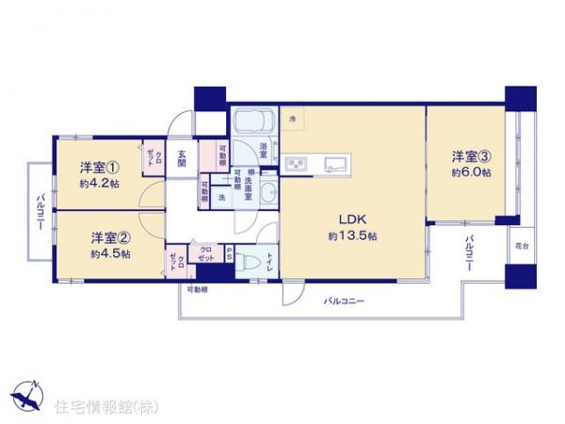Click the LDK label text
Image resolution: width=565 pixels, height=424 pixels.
[x=340, y=216]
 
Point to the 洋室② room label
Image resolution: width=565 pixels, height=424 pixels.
[x=110, y=236]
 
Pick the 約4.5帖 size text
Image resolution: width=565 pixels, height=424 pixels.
[x=110, y=254]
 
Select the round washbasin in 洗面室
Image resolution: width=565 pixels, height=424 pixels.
[x=268, y=194]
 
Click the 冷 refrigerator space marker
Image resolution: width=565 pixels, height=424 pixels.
[x=292, y=119]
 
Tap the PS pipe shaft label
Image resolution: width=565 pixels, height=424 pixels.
[x=229, y=251]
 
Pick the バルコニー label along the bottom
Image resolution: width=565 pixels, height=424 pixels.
[x=345, y=302]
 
